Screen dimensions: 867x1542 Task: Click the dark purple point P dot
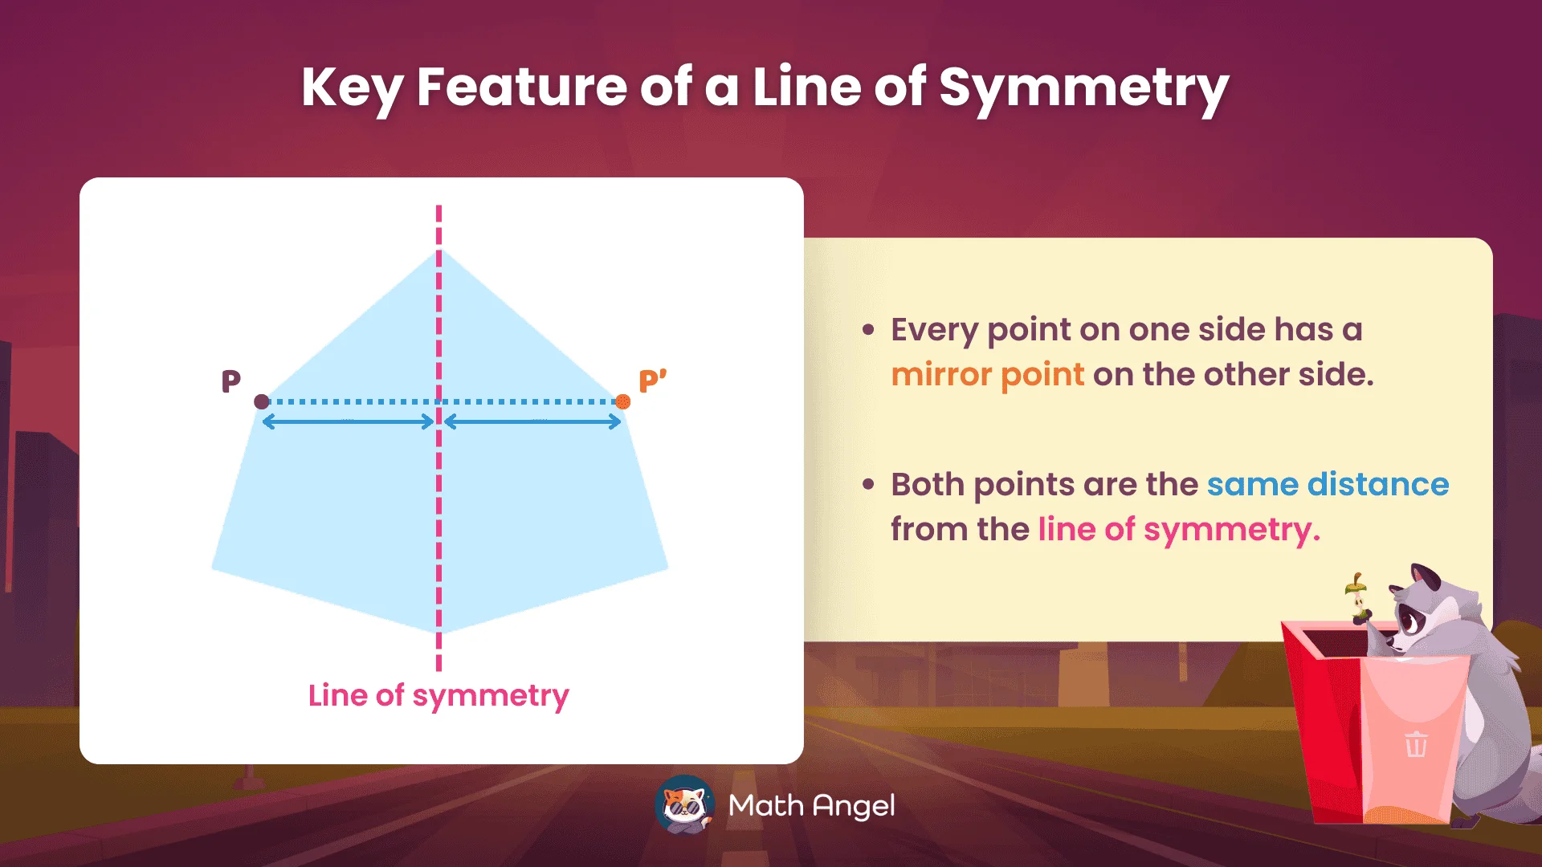262,401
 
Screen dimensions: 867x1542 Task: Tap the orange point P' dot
622,401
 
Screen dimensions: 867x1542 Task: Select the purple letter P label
230,381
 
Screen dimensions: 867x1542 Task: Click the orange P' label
652,381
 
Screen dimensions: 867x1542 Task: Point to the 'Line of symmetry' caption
439,695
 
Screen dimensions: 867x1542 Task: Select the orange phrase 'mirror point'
987,375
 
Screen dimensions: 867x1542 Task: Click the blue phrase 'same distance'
1328,484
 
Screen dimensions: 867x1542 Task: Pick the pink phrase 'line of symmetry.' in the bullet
1178,530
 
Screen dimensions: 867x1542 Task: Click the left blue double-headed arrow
349,422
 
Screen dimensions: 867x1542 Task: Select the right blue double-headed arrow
532,422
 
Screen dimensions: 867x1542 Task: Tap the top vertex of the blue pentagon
439,251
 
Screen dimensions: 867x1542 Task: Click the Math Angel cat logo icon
684,804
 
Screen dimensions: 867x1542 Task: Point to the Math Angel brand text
811,805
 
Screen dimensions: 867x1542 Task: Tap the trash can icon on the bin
1416,744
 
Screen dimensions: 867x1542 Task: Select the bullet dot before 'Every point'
868,330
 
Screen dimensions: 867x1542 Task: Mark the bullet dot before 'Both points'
868,485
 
